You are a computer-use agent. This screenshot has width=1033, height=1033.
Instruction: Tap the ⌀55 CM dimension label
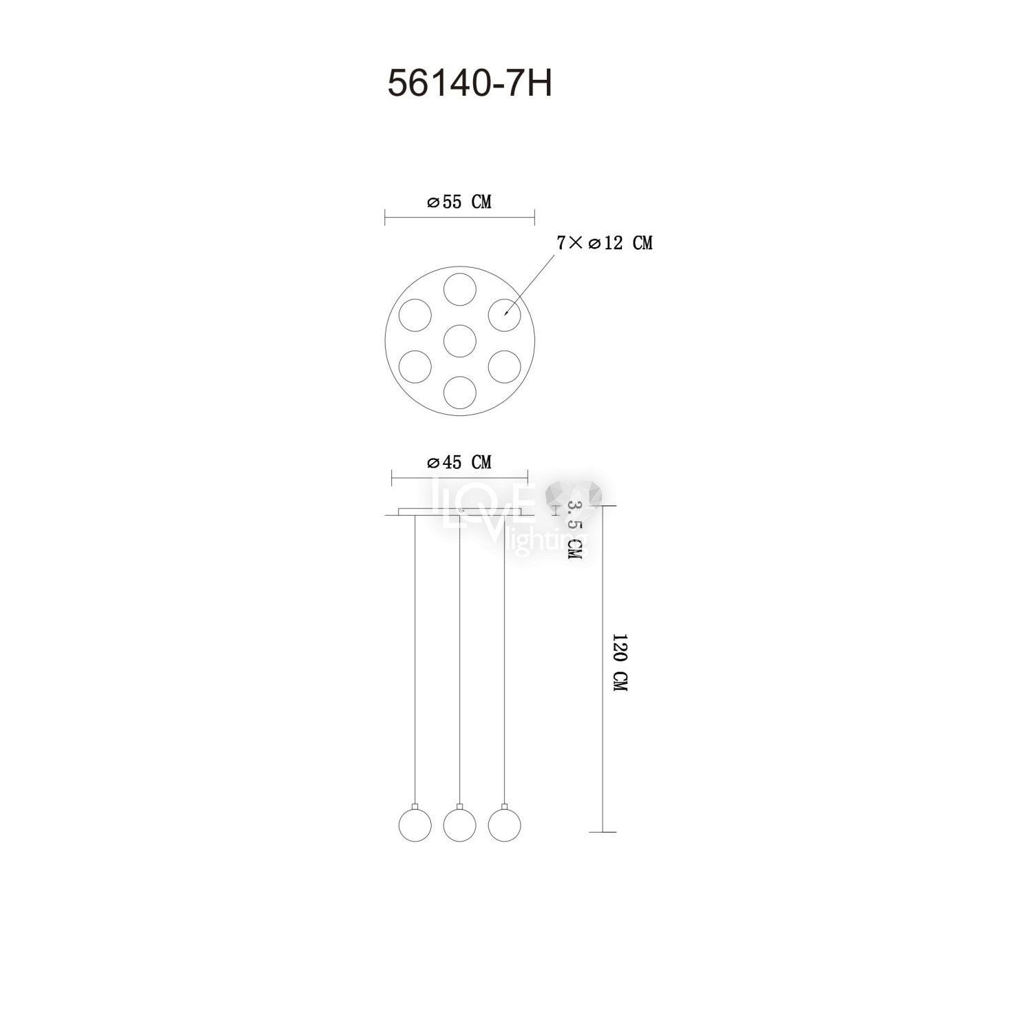[459, 202]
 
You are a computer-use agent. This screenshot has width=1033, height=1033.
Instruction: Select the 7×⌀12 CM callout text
[603, 243]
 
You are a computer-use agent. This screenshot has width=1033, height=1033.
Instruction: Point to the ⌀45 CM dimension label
[459, 462]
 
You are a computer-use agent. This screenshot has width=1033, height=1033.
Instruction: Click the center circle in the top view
[460, 340]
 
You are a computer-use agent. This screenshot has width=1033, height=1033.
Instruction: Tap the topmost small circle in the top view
[460, 289]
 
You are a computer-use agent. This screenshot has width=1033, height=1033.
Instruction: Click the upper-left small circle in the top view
[415, 315]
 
